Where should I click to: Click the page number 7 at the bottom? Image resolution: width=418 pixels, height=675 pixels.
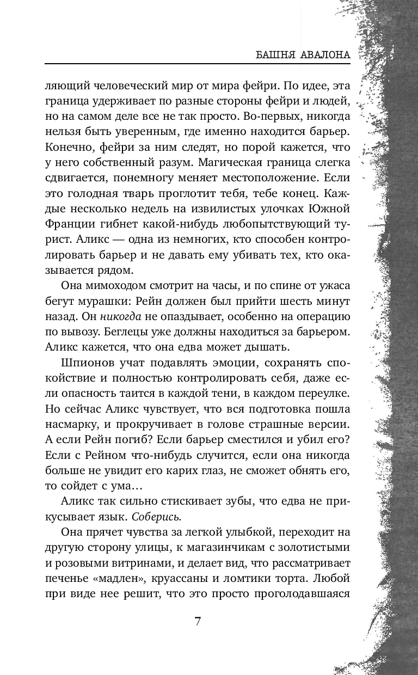(198, 621)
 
